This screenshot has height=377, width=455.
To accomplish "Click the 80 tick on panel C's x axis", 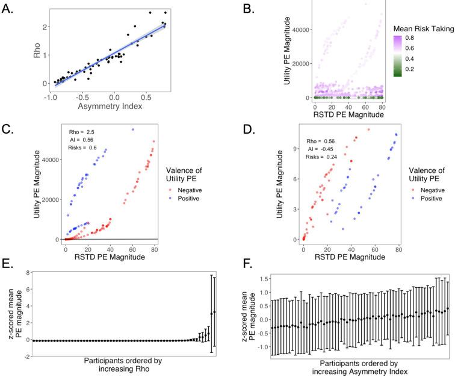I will pos(155,249).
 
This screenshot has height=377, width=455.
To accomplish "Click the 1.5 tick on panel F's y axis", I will pos(258,279).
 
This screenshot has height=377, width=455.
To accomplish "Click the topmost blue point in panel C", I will pos(132,129).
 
